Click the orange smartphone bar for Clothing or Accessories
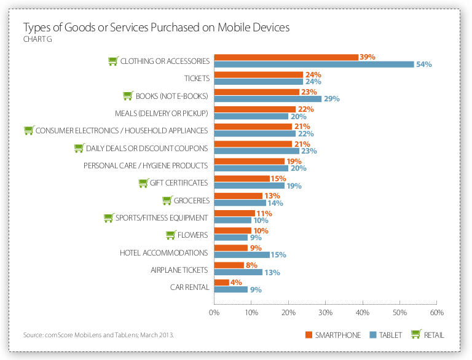point(286,57)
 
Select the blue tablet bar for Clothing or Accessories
point(313,64)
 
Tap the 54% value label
point(424,65)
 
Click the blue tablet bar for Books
point(267,99)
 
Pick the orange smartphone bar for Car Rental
point(221,283)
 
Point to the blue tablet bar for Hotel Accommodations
point(242,255)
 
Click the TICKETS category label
point(197,79)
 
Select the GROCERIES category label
point(192,201)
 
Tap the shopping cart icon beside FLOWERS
point(171,235)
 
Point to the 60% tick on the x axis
point(436,313)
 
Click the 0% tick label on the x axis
point(214,313)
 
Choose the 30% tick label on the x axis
point(325,313)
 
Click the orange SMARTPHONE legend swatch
point(309,335)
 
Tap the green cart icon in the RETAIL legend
point(416,334)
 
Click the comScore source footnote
point(98,335)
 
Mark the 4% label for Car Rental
point(237,283)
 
